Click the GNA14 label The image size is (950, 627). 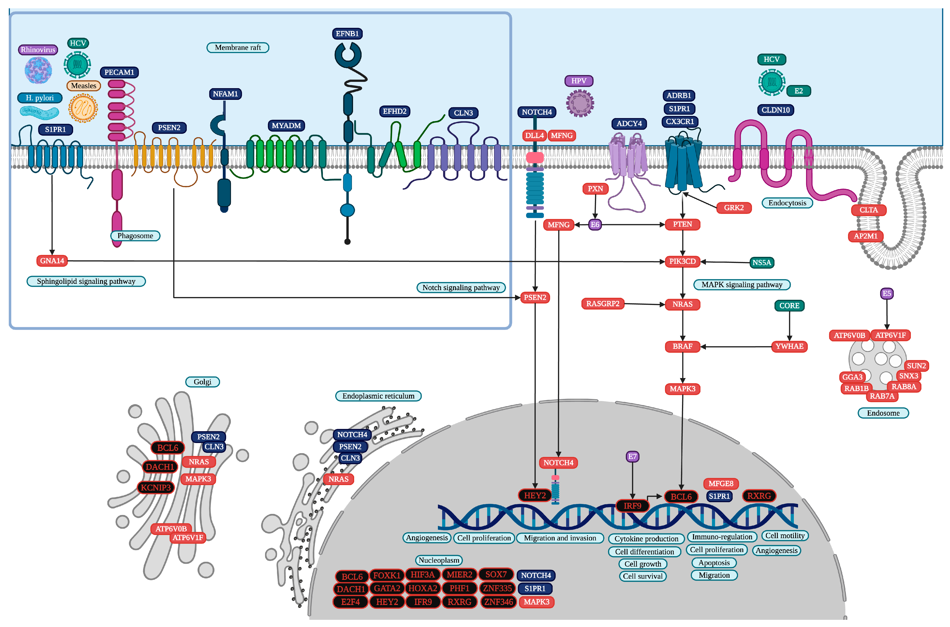click(x=52, y=261)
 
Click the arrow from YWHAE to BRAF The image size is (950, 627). click(x=736, y=347)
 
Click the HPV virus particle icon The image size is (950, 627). click(x=580, y=103)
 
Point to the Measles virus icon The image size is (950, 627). click(x=83, y=108)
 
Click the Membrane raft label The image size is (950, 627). click(x=238, y=48)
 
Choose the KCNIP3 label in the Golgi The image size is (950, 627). click(x=156, y=487)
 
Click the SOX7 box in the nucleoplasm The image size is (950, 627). click(x=496, y=575)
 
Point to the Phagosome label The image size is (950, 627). click(x=135, y=236)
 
